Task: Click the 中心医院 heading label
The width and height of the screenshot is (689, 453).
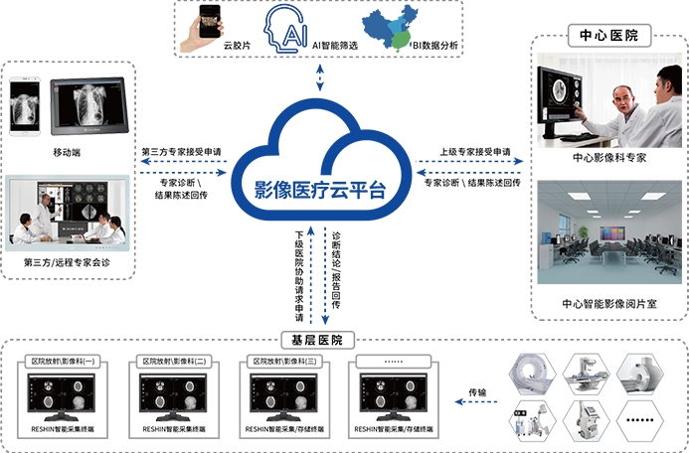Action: point(608,36)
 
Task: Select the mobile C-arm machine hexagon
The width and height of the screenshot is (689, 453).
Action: point(588,422)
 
